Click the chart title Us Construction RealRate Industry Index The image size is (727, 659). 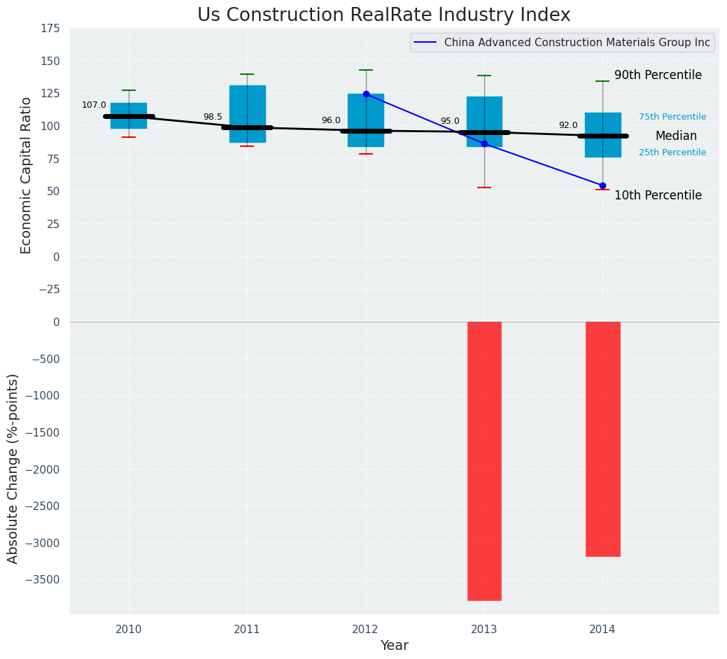coord(383,15)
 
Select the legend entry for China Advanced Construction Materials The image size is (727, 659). coord(577,43)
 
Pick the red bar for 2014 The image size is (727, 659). coord(602,439)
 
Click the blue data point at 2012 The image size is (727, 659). coord(366,94)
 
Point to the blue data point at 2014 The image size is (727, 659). coord(602,185)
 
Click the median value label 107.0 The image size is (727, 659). coord(94,105)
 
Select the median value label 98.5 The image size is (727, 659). coord(213,117)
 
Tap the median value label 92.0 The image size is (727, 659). coord(568,125)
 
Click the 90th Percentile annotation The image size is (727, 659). coord(658,75)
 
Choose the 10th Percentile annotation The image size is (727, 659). coord(658,195)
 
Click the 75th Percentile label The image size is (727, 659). coord(672,117)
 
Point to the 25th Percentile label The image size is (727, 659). coord(672,152)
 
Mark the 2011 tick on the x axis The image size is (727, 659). coord(247,629)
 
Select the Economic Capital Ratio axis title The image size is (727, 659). coord(27,175)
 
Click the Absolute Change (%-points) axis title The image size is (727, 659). coord(13,468)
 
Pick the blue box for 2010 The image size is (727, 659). coord(129,115)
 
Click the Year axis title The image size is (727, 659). coord(394,645)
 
